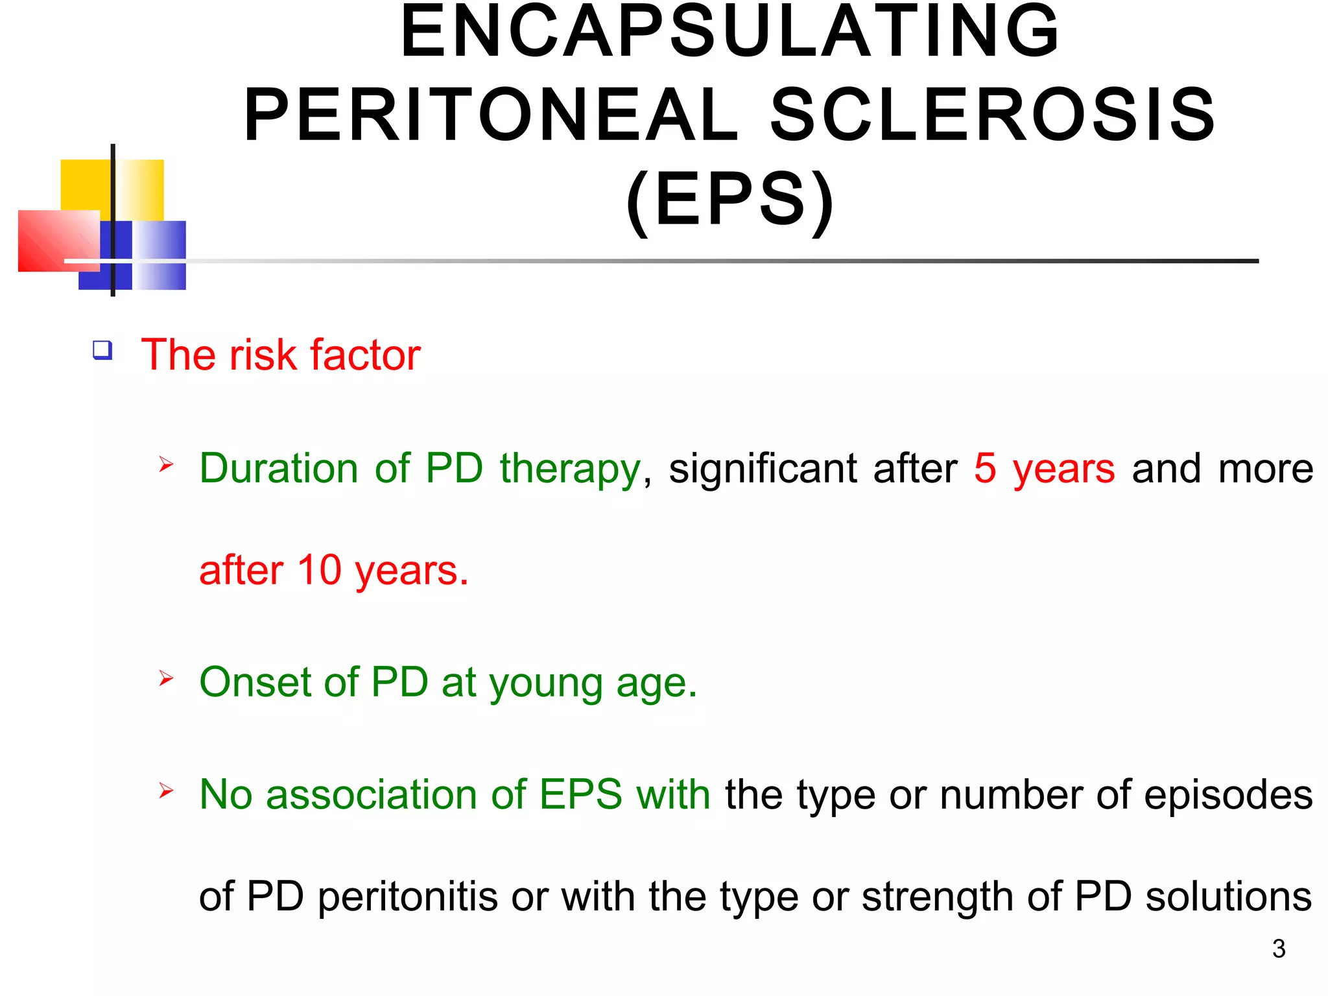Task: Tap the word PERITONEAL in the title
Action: tap(491, 115)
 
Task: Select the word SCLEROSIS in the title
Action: tap(992, 115)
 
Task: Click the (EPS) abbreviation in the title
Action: tap(729, 200)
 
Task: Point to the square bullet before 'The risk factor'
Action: tap(102, 350)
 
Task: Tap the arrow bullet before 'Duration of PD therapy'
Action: tap(166, 464)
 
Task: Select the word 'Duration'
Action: tap(278, 468)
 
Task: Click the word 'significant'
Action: tap(763, 468)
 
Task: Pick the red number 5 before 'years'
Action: tap(984, 468)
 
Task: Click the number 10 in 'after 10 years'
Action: tap(319, 571)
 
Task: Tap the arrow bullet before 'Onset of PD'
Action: tap(166, 678)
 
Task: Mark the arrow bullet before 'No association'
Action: tap(166, 790)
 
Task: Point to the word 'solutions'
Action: tap(1228, 897)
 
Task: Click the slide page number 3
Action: tap(1279, 949)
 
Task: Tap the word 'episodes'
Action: tap(1228, 796)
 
